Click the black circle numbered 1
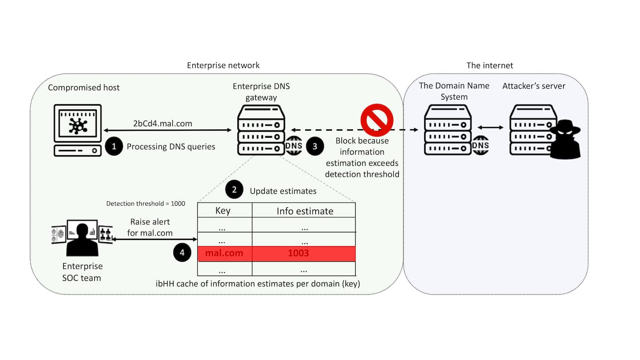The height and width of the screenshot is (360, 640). coord(114,147)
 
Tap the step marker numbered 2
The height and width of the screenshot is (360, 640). coord(234,190)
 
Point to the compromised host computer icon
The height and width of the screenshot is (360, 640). coord(78,130)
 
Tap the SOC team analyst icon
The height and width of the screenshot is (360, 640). coord(82,238)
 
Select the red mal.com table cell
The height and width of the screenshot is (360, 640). coord(224,254)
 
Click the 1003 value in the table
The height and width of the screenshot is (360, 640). coord(298,254)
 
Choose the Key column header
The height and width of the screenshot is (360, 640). coord(223,210)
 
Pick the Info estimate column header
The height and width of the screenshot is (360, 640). coord(305,211)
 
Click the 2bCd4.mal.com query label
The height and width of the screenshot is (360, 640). coord(163,124)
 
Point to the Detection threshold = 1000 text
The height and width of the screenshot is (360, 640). coord(146,204)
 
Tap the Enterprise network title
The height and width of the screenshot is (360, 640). coord(223,65)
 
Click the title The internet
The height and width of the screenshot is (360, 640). coord(489,65)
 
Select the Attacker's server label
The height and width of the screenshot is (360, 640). coord(534,86)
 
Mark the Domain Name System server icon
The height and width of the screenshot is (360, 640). coord(448,130)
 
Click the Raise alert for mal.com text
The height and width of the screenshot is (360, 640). coord(150,227)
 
